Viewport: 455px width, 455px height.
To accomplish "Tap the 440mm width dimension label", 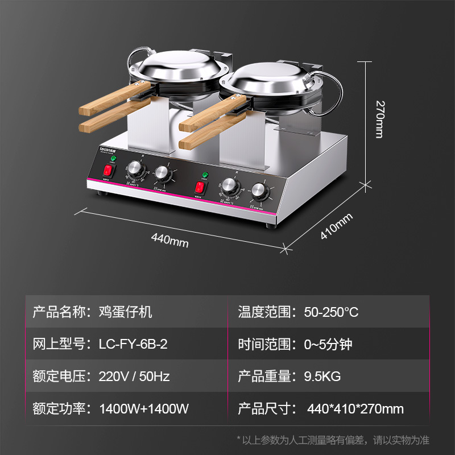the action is [x=170, y=239].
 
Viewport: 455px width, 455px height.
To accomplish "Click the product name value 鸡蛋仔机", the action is [x=126, y=312].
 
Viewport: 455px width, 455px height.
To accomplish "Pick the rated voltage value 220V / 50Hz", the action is [x=134, y=376].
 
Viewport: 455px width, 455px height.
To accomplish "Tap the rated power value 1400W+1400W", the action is [x=144, y=408].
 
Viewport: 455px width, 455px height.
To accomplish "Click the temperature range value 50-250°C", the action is [x=331, y=312].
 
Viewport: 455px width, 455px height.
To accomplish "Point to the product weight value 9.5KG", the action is [x=322, y=376].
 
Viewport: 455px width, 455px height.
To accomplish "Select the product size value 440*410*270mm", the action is [x=355, y=408].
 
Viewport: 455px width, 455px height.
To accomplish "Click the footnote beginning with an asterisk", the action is [x=333, y=440].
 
